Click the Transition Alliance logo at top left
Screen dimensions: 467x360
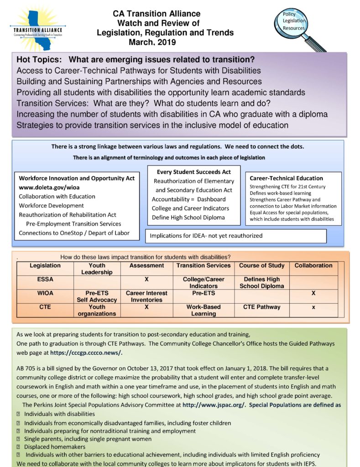pos(39,25)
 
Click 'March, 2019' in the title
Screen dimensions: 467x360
pos(152,42)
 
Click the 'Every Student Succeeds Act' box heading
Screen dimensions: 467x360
pos(193,172)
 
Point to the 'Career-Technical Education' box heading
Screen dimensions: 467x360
pos(286,178)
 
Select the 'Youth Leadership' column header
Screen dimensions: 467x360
pos(96,269)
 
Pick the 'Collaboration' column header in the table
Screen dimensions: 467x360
pos(313,265)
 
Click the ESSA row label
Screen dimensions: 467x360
pos(45,279)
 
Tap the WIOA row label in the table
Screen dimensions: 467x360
pos(45,293)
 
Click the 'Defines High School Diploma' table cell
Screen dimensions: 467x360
pos(261,283)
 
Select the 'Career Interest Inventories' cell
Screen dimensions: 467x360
pos(146,296)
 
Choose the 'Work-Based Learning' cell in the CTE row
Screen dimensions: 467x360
pos(203,310)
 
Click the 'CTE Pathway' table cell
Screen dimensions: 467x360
pos(261,307)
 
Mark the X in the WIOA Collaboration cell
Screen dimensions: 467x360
pos(313,293)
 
